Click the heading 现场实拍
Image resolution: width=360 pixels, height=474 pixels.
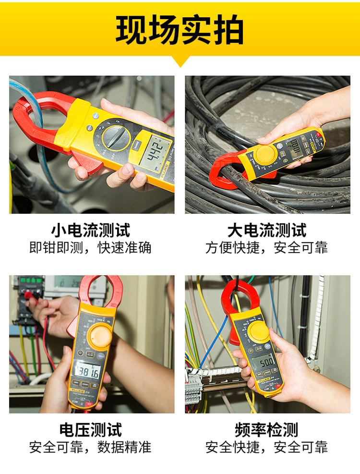[x=180, y=30]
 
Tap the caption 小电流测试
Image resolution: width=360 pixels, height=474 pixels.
[x=91, y=230]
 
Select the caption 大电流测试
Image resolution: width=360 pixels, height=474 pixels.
[x=267, y=230]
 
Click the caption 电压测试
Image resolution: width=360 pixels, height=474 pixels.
[x=91, y=429]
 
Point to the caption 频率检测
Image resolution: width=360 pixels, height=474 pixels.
[x=267, y=429]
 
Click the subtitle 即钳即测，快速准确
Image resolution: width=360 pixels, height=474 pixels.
[x=91, y=247]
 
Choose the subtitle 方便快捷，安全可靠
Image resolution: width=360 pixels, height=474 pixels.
[x=267, y=247]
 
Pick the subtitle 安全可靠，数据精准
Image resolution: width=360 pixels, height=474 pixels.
[x=91, y=447]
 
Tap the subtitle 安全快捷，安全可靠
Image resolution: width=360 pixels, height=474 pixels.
[x=267, y=447]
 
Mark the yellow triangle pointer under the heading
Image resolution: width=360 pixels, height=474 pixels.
[x=180, y=61]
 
